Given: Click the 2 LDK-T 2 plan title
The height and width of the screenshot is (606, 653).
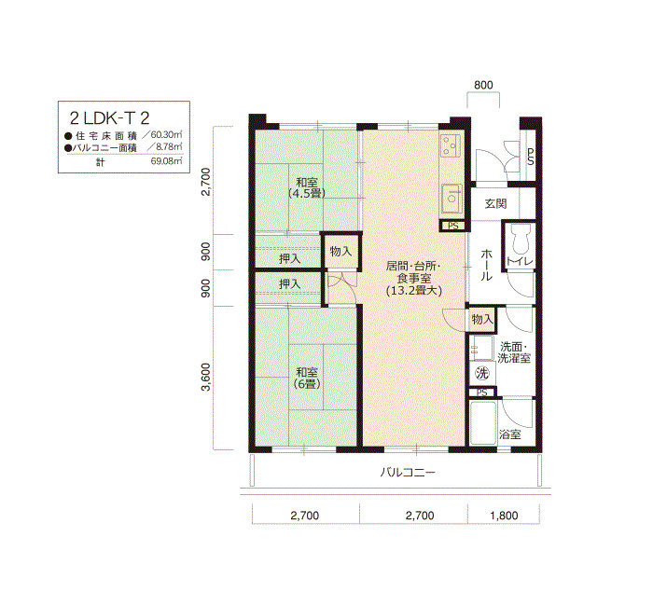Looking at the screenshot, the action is coord(109,118).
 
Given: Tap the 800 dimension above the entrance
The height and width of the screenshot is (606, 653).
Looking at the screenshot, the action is coord(483,85).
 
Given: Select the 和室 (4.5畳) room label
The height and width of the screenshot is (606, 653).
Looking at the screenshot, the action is coord(307,187).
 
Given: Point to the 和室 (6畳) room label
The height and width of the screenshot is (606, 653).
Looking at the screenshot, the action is coord(307,378).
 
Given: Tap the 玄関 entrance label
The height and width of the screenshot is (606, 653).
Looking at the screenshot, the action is coord(495,203).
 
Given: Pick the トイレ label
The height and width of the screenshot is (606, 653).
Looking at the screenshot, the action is coord(520,261).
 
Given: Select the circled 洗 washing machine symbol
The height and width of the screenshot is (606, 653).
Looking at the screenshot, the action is coord(482,373).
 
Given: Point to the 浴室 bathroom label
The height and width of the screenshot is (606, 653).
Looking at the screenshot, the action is coord(509,434).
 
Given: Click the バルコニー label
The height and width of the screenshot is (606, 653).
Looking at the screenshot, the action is coord(408,473).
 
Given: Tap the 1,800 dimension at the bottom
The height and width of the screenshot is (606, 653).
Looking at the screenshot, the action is coord(504,516).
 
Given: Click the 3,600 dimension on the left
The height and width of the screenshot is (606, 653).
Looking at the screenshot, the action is coord(206,377).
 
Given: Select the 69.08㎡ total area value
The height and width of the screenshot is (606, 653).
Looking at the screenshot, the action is coord(167,161).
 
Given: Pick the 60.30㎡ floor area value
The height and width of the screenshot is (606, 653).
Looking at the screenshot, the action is coord(167,135).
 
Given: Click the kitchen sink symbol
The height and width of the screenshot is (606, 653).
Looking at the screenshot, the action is coord(451,200).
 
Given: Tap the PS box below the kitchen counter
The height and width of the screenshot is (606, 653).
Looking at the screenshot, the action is coord(453,226).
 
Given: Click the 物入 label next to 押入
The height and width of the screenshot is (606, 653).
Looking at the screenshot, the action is coord(340,251).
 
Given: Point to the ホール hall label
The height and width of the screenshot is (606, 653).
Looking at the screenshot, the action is coord(486,265).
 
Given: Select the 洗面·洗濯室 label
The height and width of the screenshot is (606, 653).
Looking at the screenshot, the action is coord(514,352).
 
